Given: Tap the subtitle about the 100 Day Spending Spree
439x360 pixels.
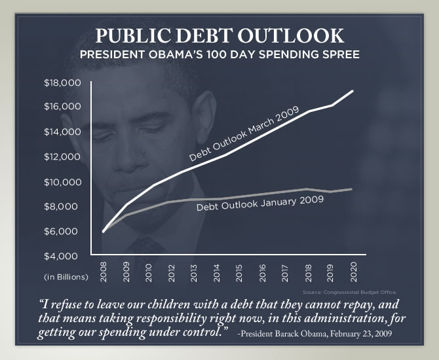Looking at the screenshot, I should (220, 54).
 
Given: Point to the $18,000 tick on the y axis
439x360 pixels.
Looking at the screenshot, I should (62, 82).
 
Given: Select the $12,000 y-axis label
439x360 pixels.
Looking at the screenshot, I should (62, 156).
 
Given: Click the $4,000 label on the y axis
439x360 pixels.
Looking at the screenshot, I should (62, 256).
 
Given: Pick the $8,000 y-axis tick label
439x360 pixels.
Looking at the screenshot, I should (62, 206).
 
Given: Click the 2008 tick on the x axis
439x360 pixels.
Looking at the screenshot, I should (104, 274).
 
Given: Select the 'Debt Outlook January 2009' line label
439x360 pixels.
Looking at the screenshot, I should (260, 204).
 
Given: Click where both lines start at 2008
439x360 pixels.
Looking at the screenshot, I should (104, 231).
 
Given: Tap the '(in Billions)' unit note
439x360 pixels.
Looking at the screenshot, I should (66, 277).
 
